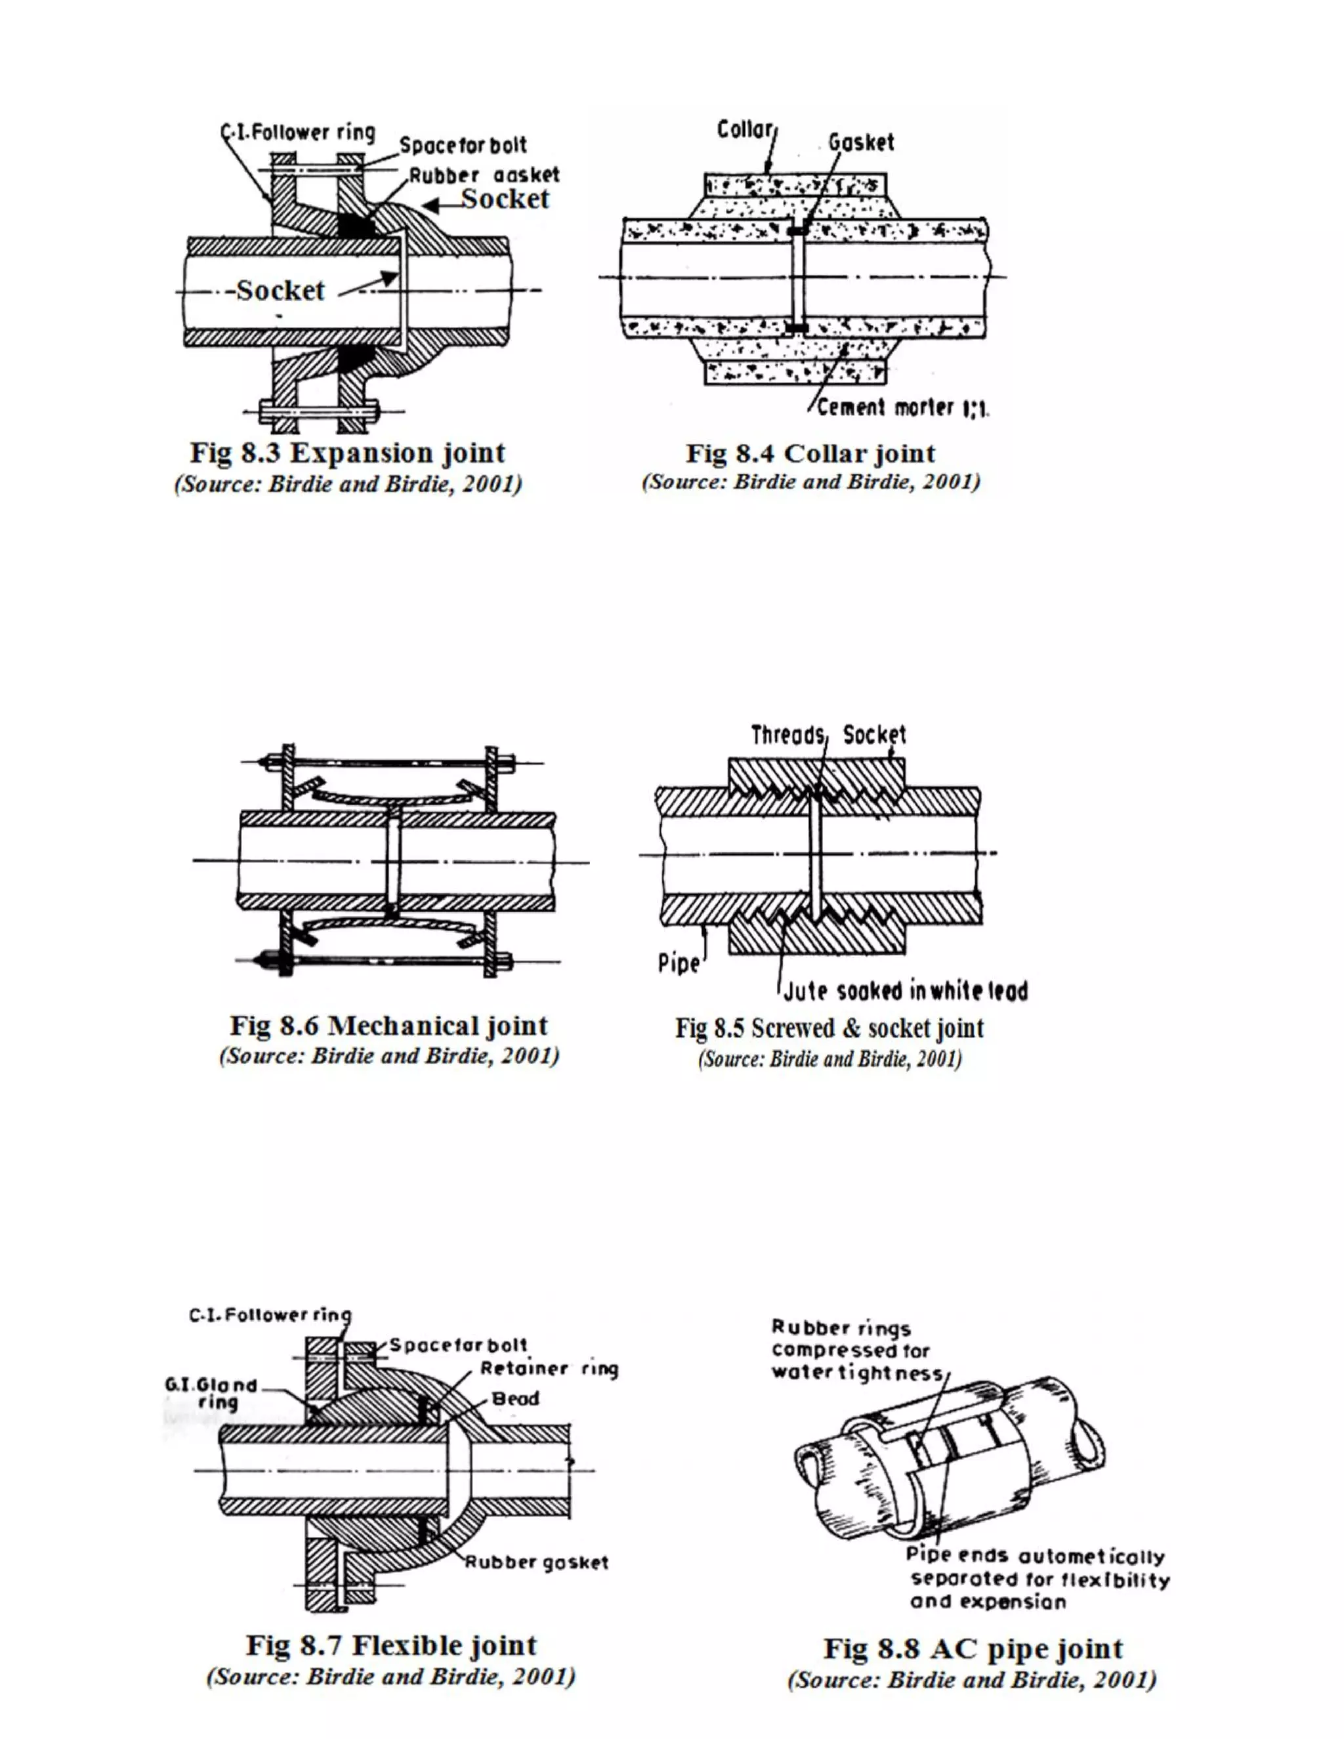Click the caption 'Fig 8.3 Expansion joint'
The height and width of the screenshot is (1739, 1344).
tap(347, 453)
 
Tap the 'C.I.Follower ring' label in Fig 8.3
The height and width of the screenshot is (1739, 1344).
tap(298, 132)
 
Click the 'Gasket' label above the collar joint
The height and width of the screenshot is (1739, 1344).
tap(861, 142)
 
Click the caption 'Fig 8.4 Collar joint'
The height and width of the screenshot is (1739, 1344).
tap(810, 453)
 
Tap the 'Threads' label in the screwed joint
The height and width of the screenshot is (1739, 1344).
tap(788, 734)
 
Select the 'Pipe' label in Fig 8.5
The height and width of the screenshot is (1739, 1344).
tap(679, 963)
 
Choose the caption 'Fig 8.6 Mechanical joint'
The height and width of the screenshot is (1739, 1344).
tap(388, 1025)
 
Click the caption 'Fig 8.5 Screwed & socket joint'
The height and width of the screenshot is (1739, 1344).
tap(829, 1028)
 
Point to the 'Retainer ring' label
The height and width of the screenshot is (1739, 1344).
tap(549, 1368)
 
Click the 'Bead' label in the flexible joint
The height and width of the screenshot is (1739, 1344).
tap(515, 1398)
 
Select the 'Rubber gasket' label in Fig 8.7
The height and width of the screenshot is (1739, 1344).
tap(537, 1562)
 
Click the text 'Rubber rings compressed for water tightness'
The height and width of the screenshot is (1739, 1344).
tap(856, 1350)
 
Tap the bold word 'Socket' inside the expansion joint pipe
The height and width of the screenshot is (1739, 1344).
tap(280, 290)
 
